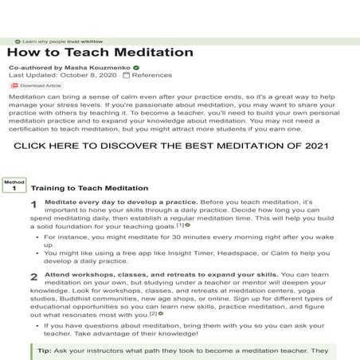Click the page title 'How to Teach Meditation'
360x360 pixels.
100,53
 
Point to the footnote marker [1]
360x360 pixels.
180,225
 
